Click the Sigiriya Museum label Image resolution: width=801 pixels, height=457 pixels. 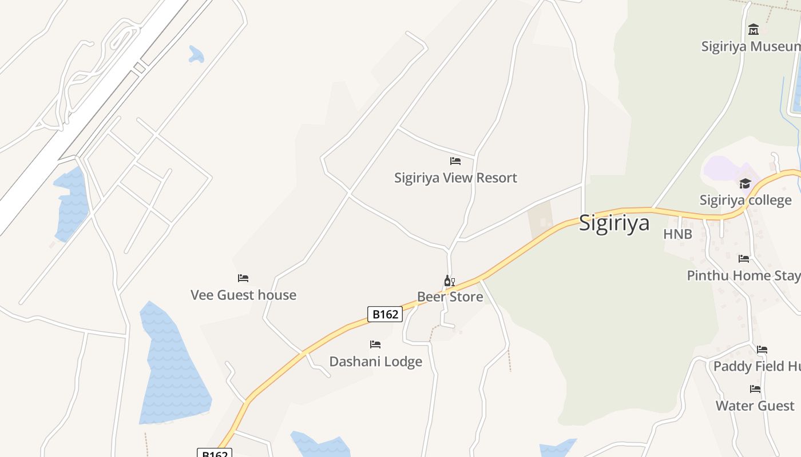tap(751, 46)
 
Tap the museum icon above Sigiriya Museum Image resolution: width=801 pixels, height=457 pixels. tap(754, 29)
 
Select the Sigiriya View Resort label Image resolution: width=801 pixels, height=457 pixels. tap(455, 178)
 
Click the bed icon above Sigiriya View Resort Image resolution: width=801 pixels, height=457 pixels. tap(455, 161)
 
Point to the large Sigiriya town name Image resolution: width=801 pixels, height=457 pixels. tap(614, 223)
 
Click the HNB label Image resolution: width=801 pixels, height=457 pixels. tap(677, 234)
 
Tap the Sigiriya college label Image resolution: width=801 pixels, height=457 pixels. tap(746, 200)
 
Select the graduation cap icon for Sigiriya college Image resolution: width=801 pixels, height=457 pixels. tap(745, 183)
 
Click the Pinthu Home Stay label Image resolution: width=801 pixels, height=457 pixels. tap(743, 275)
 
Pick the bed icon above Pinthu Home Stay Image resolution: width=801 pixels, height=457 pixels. tap(744, 259)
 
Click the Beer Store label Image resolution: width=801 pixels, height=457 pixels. tap(450, 296)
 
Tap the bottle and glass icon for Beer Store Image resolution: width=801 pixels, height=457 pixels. tap(450, 280)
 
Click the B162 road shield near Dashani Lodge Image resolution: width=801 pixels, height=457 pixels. tap(385, 314)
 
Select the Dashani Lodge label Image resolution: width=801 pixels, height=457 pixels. tap(375, 362)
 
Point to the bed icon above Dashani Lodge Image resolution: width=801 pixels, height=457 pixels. tap(375, 344)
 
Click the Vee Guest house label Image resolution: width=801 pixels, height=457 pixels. tap(243, 295)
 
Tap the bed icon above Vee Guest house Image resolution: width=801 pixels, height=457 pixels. tap(243, 278)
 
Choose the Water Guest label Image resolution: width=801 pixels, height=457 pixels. tap(755, 406)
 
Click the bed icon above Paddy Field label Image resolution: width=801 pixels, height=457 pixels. tap(762, 350)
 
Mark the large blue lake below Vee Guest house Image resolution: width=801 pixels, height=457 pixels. tap(172, 371)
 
